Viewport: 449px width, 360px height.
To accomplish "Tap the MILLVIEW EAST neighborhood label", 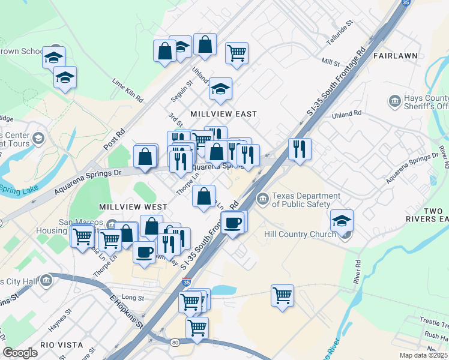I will (223, 114).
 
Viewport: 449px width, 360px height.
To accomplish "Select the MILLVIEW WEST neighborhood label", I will (130, 206).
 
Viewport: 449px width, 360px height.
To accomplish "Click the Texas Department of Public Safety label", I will (306, 200).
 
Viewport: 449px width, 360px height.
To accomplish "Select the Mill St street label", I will (331, 62).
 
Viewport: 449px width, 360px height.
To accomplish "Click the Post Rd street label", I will (113, 139).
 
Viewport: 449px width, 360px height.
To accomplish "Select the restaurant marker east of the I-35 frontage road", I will (300, 148).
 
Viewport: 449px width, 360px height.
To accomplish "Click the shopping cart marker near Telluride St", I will (237, 53).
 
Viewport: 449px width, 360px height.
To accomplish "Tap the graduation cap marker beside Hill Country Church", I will (342, 220).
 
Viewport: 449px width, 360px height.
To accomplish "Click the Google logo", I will (20, 353).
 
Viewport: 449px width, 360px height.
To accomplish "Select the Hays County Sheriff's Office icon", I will (395, 101).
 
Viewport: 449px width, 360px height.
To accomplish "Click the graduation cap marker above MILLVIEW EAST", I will (220, 88).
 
